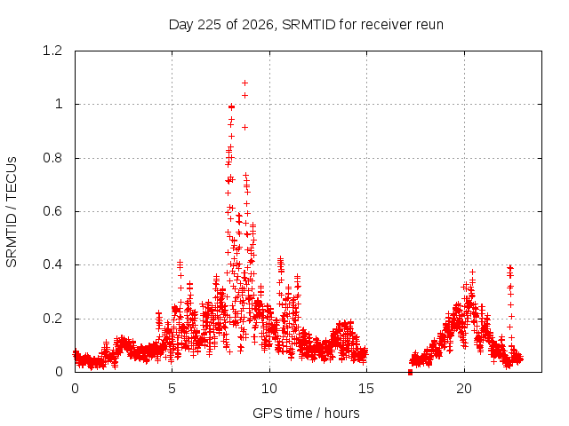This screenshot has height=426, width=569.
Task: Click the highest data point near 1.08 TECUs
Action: tap(245, 83)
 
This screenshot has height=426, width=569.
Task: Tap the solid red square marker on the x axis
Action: tap(410, 372)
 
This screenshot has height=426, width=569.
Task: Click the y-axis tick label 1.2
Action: tap(52, 51)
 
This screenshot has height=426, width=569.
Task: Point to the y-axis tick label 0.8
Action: tap(52, 158)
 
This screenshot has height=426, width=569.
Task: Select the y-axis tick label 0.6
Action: tap(52, 211)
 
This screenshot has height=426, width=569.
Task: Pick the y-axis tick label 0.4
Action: tap(52, 264)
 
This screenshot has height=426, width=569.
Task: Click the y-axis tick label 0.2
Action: tap(52, 319)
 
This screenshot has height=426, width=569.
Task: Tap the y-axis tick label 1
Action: tap(59, 105)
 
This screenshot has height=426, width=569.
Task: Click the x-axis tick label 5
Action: tap(172, 389)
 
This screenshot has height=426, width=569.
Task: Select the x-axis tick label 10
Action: tap(268, 389)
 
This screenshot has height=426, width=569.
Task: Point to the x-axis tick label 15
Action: tap(366, 389)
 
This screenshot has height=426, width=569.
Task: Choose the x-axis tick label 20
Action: tap(464, 389)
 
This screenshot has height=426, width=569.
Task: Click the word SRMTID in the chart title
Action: tap(309, 25)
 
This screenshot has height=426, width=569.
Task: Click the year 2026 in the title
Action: tap(258, 25)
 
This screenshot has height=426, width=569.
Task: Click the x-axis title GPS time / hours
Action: tap(306, 413)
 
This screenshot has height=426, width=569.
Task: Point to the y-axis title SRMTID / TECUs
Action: tap(12, 212)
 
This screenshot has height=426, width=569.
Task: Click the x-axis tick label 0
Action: tap(75, 389)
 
